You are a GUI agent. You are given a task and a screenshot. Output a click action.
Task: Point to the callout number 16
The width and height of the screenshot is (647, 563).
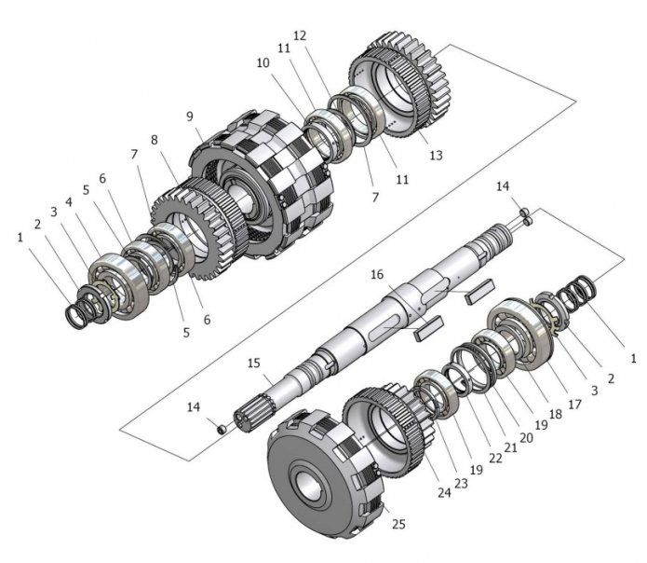click(x=376, y=277)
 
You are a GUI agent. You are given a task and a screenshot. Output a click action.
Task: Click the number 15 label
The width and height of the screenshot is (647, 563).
click(x=254, y=362)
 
